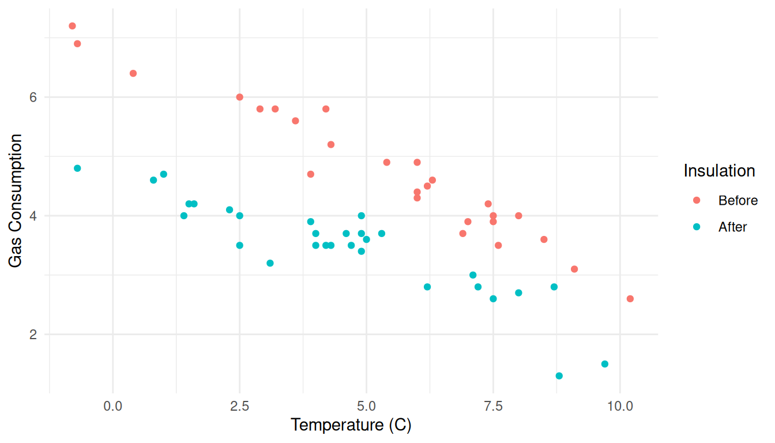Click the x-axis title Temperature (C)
tap(351, 425)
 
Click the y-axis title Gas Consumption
tap(17, 201)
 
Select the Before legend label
tap(738, 201)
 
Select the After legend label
tap(732, 227)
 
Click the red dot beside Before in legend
tap(697, 200)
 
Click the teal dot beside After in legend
tap(697, 227)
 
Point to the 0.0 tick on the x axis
tap(113, 406)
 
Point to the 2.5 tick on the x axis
tap(239, 406)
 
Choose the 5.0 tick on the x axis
tap(366, 406)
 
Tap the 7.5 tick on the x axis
tap(493, 406)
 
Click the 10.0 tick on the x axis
tap(620, 406)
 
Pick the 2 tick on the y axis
tap(33, 335)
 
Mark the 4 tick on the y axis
tap(33, 216)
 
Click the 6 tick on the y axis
tap(33, 97)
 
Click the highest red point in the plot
tap(72, 26)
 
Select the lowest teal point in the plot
tap(559, 376)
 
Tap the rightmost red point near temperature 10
tap(630, 299)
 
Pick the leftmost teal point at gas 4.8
tap(77, 168)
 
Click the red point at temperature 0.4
tap(133, 73)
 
